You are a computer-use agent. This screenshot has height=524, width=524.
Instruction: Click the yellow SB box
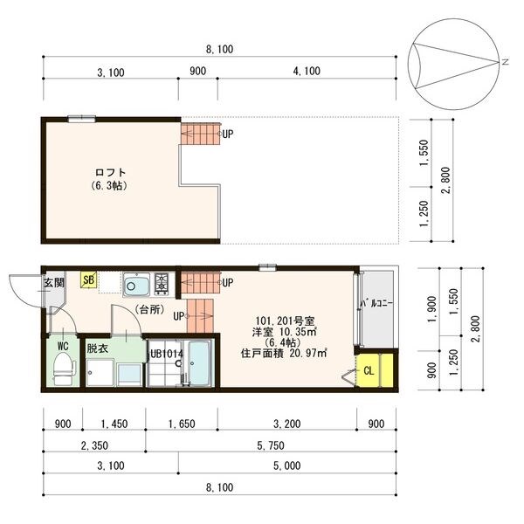(88, 279)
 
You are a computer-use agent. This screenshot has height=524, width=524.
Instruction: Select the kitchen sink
(136, 285)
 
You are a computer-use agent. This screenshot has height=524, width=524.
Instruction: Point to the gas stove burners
(162, 284)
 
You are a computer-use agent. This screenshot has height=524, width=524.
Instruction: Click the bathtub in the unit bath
(199, 363)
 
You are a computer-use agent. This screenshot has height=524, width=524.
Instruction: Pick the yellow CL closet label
(369, 371)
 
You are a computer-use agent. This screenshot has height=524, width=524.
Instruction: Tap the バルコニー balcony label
(376, 304)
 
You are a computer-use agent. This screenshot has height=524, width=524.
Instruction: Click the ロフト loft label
(110, 173)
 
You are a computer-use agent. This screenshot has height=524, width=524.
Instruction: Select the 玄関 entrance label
(54, 283)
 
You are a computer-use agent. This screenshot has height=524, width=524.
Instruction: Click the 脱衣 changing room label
(97, 348)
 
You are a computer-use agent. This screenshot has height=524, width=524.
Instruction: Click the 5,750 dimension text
(271, 445)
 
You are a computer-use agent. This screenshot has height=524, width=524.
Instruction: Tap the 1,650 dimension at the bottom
(182, 424)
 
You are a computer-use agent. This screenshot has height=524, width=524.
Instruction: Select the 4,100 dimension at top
(307, 72)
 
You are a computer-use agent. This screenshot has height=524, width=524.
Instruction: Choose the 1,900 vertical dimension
(431, 309)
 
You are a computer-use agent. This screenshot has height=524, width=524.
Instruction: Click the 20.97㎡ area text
(308, 353)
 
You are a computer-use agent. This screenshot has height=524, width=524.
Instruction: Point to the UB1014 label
(167, 354)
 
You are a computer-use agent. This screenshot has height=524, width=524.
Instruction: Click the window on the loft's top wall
(81, 119)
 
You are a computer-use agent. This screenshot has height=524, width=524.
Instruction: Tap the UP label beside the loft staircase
(228, 134)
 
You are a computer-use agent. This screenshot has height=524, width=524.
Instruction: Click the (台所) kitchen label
(149, 310)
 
